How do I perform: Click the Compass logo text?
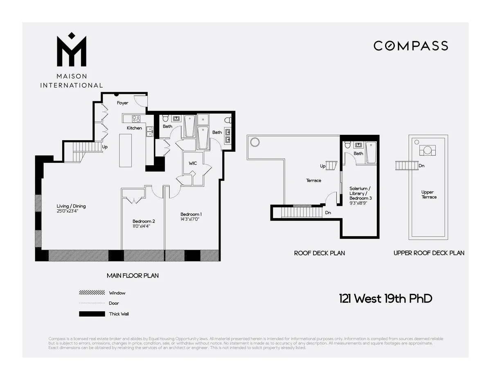pyautogui.click(x=411, y=46)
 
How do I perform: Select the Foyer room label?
pyautogui.click(x=122, y=103)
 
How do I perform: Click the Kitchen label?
pyautogui.click(x=134, y=128)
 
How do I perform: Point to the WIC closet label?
pyautogui.click(x=193, y=163)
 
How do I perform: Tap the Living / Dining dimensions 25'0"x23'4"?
pyautogui.click(x=71, y=212)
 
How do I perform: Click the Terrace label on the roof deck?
pyautogui.click(x=313, y=180)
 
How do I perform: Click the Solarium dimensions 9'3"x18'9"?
pyautogui.click(x=360, y=203)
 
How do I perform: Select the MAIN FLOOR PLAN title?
pyautogui.click(x=133, y=275)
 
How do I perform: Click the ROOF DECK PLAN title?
pyautogui.click(x=319, y=253)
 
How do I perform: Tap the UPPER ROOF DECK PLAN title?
pyautogui.click(x=429, y=253)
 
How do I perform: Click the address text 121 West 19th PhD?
pyautogui.click(x=385, y=298)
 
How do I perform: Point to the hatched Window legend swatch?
pyautogui.click(x=92, y=293)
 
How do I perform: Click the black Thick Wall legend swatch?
pyautogui.click(x=92, y=314)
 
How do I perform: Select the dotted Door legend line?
pyautogui.click(x=92, y=303)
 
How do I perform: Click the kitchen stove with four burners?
pyautogui.click(x=136, y=119)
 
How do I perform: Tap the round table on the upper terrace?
pyautogui.click(x=427, y=150)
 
